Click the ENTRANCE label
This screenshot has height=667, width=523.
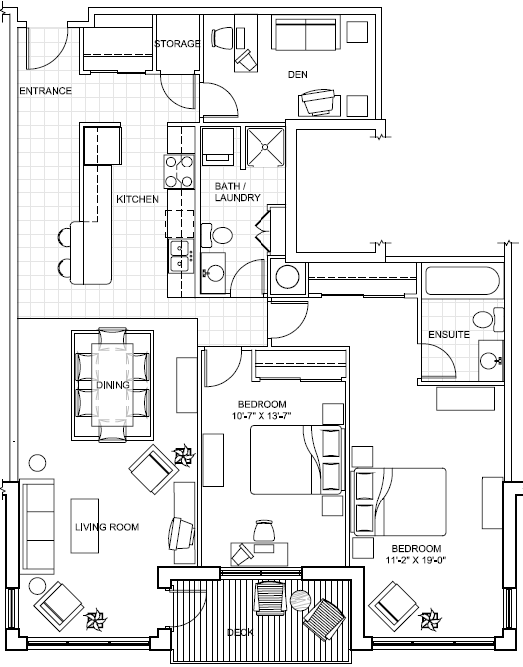pos(45,90)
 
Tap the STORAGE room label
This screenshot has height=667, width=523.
pos(177,44)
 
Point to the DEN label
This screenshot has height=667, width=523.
pos(298,74)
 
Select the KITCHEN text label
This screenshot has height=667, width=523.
pos(137,199)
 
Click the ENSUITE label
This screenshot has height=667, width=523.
pos(449,334)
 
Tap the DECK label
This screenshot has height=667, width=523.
pos(240,632)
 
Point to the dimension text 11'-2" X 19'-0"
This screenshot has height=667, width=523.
pos(415,560)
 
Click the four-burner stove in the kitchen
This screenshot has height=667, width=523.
pos(179,171)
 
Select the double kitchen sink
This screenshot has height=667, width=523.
pos(180,256)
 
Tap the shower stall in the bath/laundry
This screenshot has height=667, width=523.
pos(265,147)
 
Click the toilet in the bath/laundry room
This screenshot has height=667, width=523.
pos(217,235)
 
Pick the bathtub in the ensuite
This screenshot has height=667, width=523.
pos(462,281)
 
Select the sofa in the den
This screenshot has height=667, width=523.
pos(305,33)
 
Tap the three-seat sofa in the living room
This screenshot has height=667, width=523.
pos(37,526)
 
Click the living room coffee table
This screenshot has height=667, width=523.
pos(84,525)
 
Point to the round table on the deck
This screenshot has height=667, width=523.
pos(301,600)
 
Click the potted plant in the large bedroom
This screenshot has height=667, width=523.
pos(429,620)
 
